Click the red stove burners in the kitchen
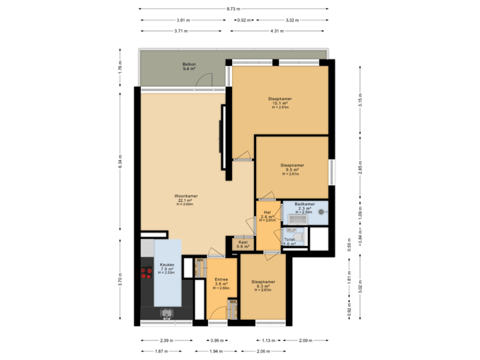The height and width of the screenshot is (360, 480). (146, 273)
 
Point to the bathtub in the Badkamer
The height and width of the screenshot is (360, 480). (295, 218)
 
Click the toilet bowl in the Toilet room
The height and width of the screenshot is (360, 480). (299, 235)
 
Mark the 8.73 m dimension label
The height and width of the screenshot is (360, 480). (233, 9)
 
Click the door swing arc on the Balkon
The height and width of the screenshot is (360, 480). (204, 80)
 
